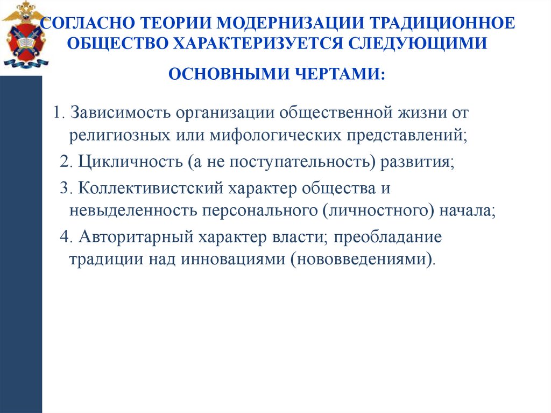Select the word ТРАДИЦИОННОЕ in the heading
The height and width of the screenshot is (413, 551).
[440, 24]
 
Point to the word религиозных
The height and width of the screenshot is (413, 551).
[116, 135]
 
